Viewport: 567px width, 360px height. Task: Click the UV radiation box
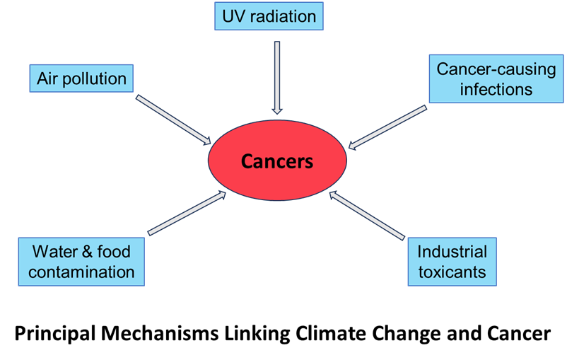(x=269, y=16)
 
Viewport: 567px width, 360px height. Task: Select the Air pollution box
(x=81, y=79)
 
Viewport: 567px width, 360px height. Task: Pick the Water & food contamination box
(x=81, y=261)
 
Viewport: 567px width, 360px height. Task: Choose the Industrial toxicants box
(x=452, y=261)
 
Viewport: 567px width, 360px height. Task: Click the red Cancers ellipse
(x=277, y=161)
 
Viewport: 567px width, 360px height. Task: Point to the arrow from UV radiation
(x=276, y=76)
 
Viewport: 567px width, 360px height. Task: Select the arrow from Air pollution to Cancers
(x=173, y=118)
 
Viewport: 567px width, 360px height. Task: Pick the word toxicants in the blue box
(x=452, y=272)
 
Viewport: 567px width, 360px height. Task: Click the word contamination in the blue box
(x=81, y=272)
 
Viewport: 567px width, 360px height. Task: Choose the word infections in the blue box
(x=496, y=90)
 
